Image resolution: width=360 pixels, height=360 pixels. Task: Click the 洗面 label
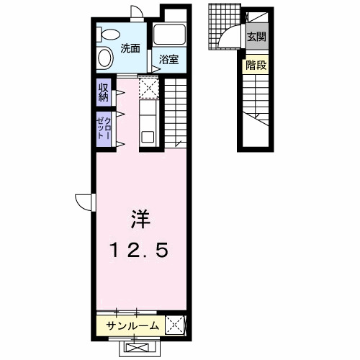(130, 49)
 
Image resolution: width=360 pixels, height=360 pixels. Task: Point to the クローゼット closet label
(104, 130)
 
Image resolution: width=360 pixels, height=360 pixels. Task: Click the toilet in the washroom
(111, 35)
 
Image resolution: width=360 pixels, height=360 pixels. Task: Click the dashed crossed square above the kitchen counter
(150, 88)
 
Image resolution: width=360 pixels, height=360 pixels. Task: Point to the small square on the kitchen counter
(148, 135)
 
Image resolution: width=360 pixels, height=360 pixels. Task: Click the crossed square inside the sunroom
(175, 325)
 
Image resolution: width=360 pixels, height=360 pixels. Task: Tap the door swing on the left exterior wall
(84, 202)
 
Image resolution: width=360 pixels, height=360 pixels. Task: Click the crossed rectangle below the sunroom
(138, 348)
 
